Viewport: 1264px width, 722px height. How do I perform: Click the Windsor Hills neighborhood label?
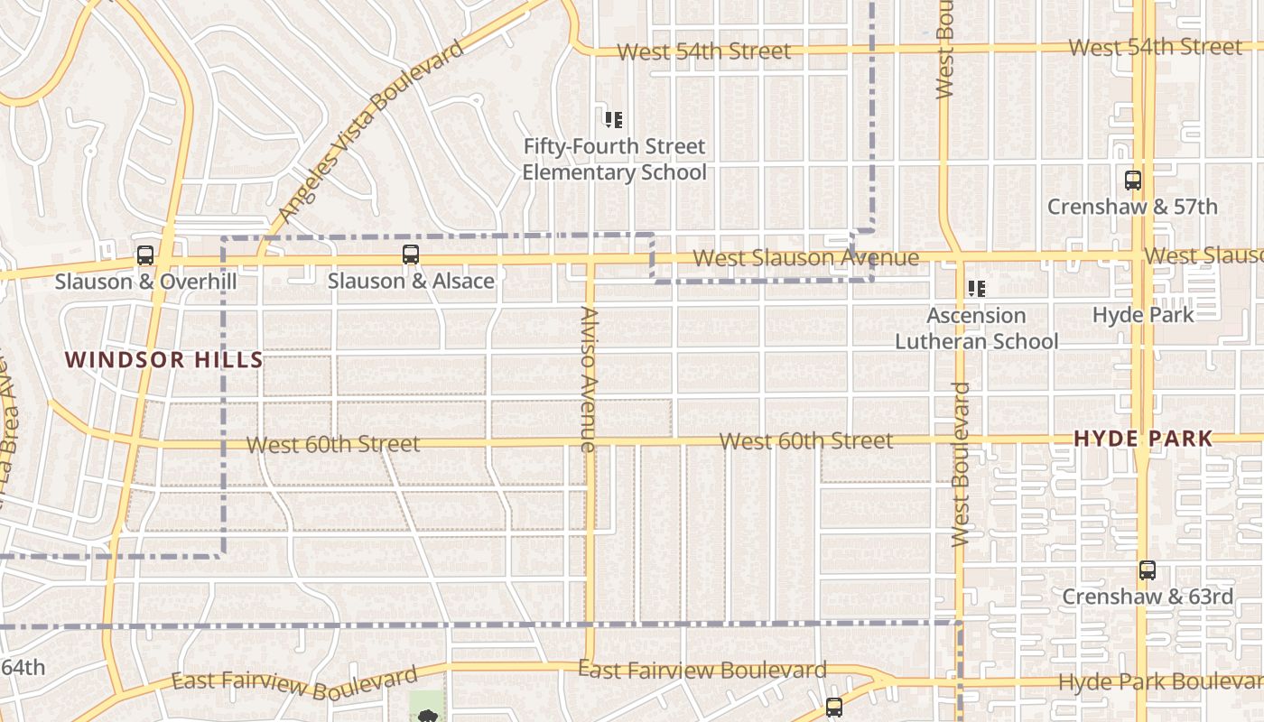pyautogui.click(x=164, y=360)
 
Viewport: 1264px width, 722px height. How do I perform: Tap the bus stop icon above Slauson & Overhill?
pyautogui.click(x=145, y=255)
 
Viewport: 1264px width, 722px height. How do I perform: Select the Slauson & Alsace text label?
pyautogui.click(x=411, y=281)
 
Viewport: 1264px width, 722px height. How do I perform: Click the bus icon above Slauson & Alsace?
pyautogui.click(x=411, y=255)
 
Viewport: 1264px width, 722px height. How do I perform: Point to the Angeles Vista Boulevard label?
pyautogui.click(x=370, y=132)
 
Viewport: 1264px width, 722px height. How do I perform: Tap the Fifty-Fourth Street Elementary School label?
pyautogui.click(x=614, y=159)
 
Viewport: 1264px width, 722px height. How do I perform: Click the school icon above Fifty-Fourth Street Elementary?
pyautogui.click(x=614, y=119)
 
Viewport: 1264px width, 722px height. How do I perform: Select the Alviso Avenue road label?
pyautogui.click(x=589, y=379)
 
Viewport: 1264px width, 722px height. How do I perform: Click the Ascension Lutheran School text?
pyautogui.click(x=976, y=329)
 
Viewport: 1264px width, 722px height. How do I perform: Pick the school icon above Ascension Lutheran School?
pyautogui.click(x=976, y=289)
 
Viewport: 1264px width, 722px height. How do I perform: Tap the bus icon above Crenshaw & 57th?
pyautogui.click(x=1133, y=180)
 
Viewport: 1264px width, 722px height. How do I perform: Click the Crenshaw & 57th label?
pyautogui.click(x=1132, y=207)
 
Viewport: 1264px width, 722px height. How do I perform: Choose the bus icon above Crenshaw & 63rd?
pyautogui.click(x=1147, y=570)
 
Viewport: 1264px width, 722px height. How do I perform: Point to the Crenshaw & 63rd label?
pyautogui.click(x=1147, y=597)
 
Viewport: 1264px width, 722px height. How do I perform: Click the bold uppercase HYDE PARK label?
pyautogui.click(x=1142, y=440)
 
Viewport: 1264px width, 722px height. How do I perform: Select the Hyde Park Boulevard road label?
pyautogui.click(x=1160, y=681)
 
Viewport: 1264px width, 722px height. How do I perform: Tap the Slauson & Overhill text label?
pyautogui.click(x=145, y=282)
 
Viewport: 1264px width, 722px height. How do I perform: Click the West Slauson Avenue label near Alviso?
pyautogui.click(x=805, y=258)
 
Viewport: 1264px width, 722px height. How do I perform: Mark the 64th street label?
pyautogui.click(x=23, y=668)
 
